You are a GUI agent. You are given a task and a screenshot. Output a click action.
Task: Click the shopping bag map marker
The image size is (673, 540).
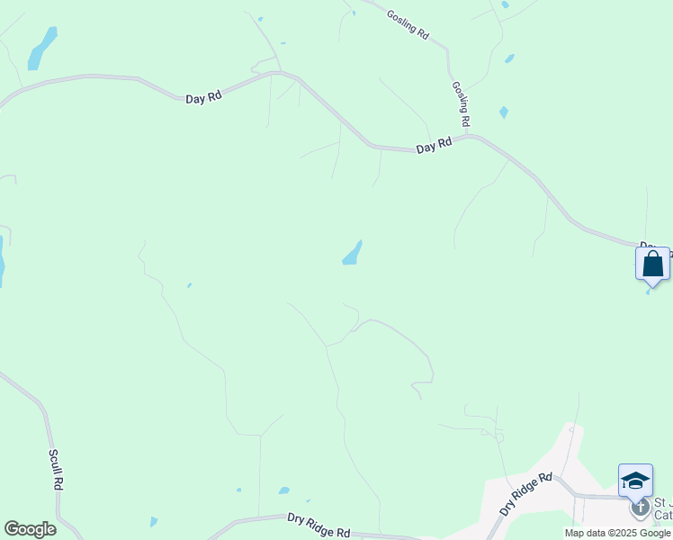point(652,265)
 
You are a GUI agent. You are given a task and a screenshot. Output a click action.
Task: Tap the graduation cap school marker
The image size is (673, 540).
point(635,480)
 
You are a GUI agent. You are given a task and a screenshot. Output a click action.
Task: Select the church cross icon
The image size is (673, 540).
point(640,508)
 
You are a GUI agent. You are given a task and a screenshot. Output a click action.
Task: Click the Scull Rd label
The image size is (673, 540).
point(57,469)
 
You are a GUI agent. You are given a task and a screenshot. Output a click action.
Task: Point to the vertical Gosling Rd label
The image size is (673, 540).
point(461,103)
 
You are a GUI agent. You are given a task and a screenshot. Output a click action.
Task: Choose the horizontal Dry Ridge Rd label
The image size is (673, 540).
point(319,526)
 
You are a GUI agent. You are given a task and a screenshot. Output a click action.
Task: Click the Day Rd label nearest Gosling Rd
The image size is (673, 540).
point(434,146)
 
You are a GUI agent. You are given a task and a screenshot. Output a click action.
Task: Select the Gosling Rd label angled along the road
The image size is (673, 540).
point(408,22)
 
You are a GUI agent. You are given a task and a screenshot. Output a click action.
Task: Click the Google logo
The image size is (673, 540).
point(30,529)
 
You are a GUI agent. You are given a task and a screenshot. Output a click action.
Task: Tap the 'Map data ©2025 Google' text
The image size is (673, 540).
point(616,533)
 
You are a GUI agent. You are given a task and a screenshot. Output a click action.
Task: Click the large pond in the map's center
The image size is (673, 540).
point(352,254)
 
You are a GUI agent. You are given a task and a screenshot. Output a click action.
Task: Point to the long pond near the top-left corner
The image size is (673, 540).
point(41,48)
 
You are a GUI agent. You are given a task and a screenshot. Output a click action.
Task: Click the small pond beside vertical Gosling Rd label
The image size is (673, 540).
point(503,112)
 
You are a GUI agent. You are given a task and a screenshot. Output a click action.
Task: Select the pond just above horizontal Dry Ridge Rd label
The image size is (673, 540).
point(284,490)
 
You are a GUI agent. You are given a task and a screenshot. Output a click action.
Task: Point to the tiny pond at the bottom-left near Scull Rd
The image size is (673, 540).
point(154,521)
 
